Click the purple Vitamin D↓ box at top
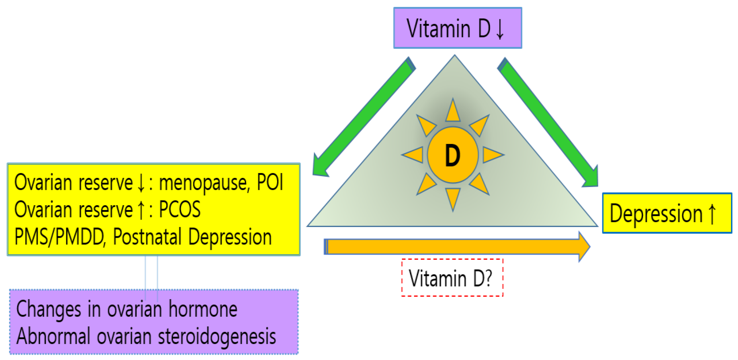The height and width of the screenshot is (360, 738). click(x=458, y=28)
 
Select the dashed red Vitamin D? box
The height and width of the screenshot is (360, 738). click(x=452, y=277)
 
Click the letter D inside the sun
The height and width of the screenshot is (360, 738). click(x=453, y=155)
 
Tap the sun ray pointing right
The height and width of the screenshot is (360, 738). click(x=492, y=155)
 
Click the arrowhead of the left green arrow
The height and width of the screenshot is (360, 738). click(x=320, y=168)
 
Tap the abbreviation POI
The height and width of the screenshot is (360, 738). click(x=270, y=182)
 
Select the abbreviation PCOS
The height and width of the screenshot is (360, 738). click(x=180, y=209)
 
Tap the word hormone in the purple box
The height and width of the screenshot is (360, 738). click(x=203, y=309)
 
